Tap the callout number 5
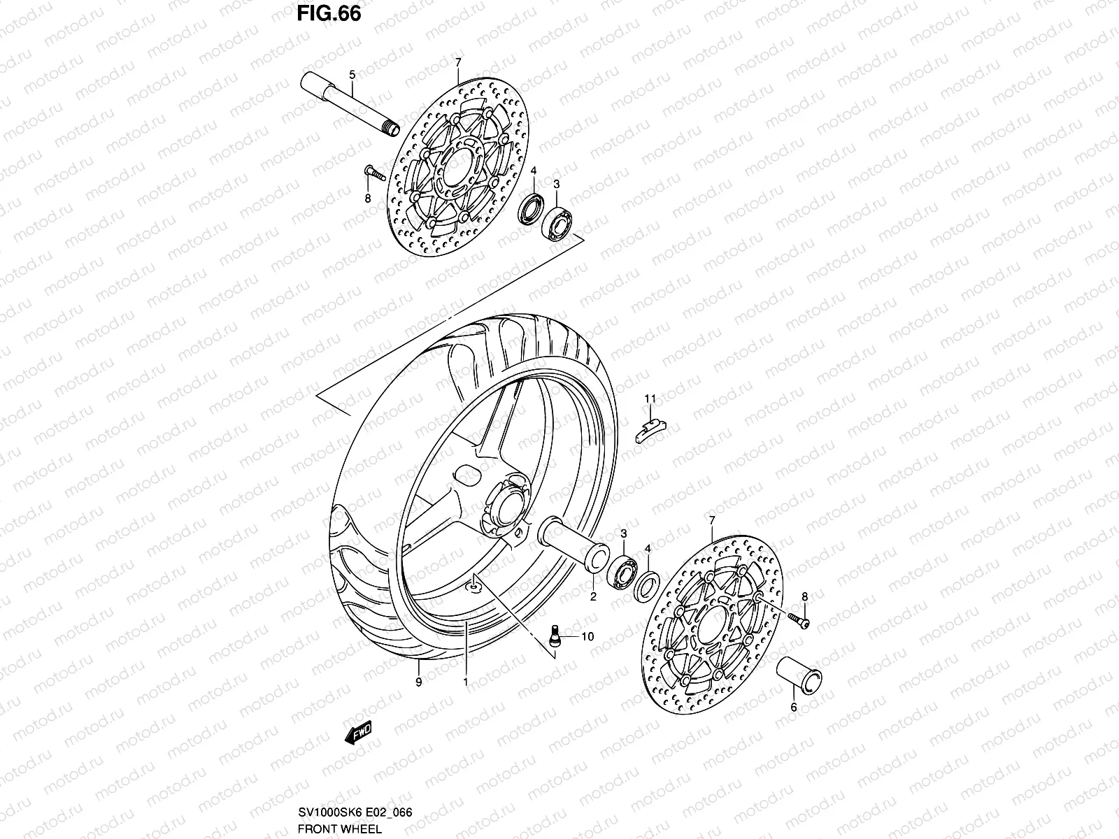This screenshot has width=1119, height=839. point(352,74)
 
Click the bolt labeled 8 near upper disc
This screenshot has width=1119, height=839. point(375,173)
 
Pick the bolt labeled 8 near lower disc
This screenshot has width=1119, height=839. point(797,619)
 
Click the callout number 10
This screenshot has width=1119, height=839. point(587,637)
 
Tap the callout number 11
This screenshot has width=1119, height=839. point(650,399)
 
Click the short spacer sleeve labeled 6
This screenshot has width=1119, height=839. point(799,675)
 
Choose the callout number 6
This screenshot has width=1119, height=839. point(793,708)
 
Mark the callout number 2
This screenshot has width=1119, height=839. point(592,597)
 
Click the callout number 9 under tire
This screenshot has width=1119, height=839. point(418,682)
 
